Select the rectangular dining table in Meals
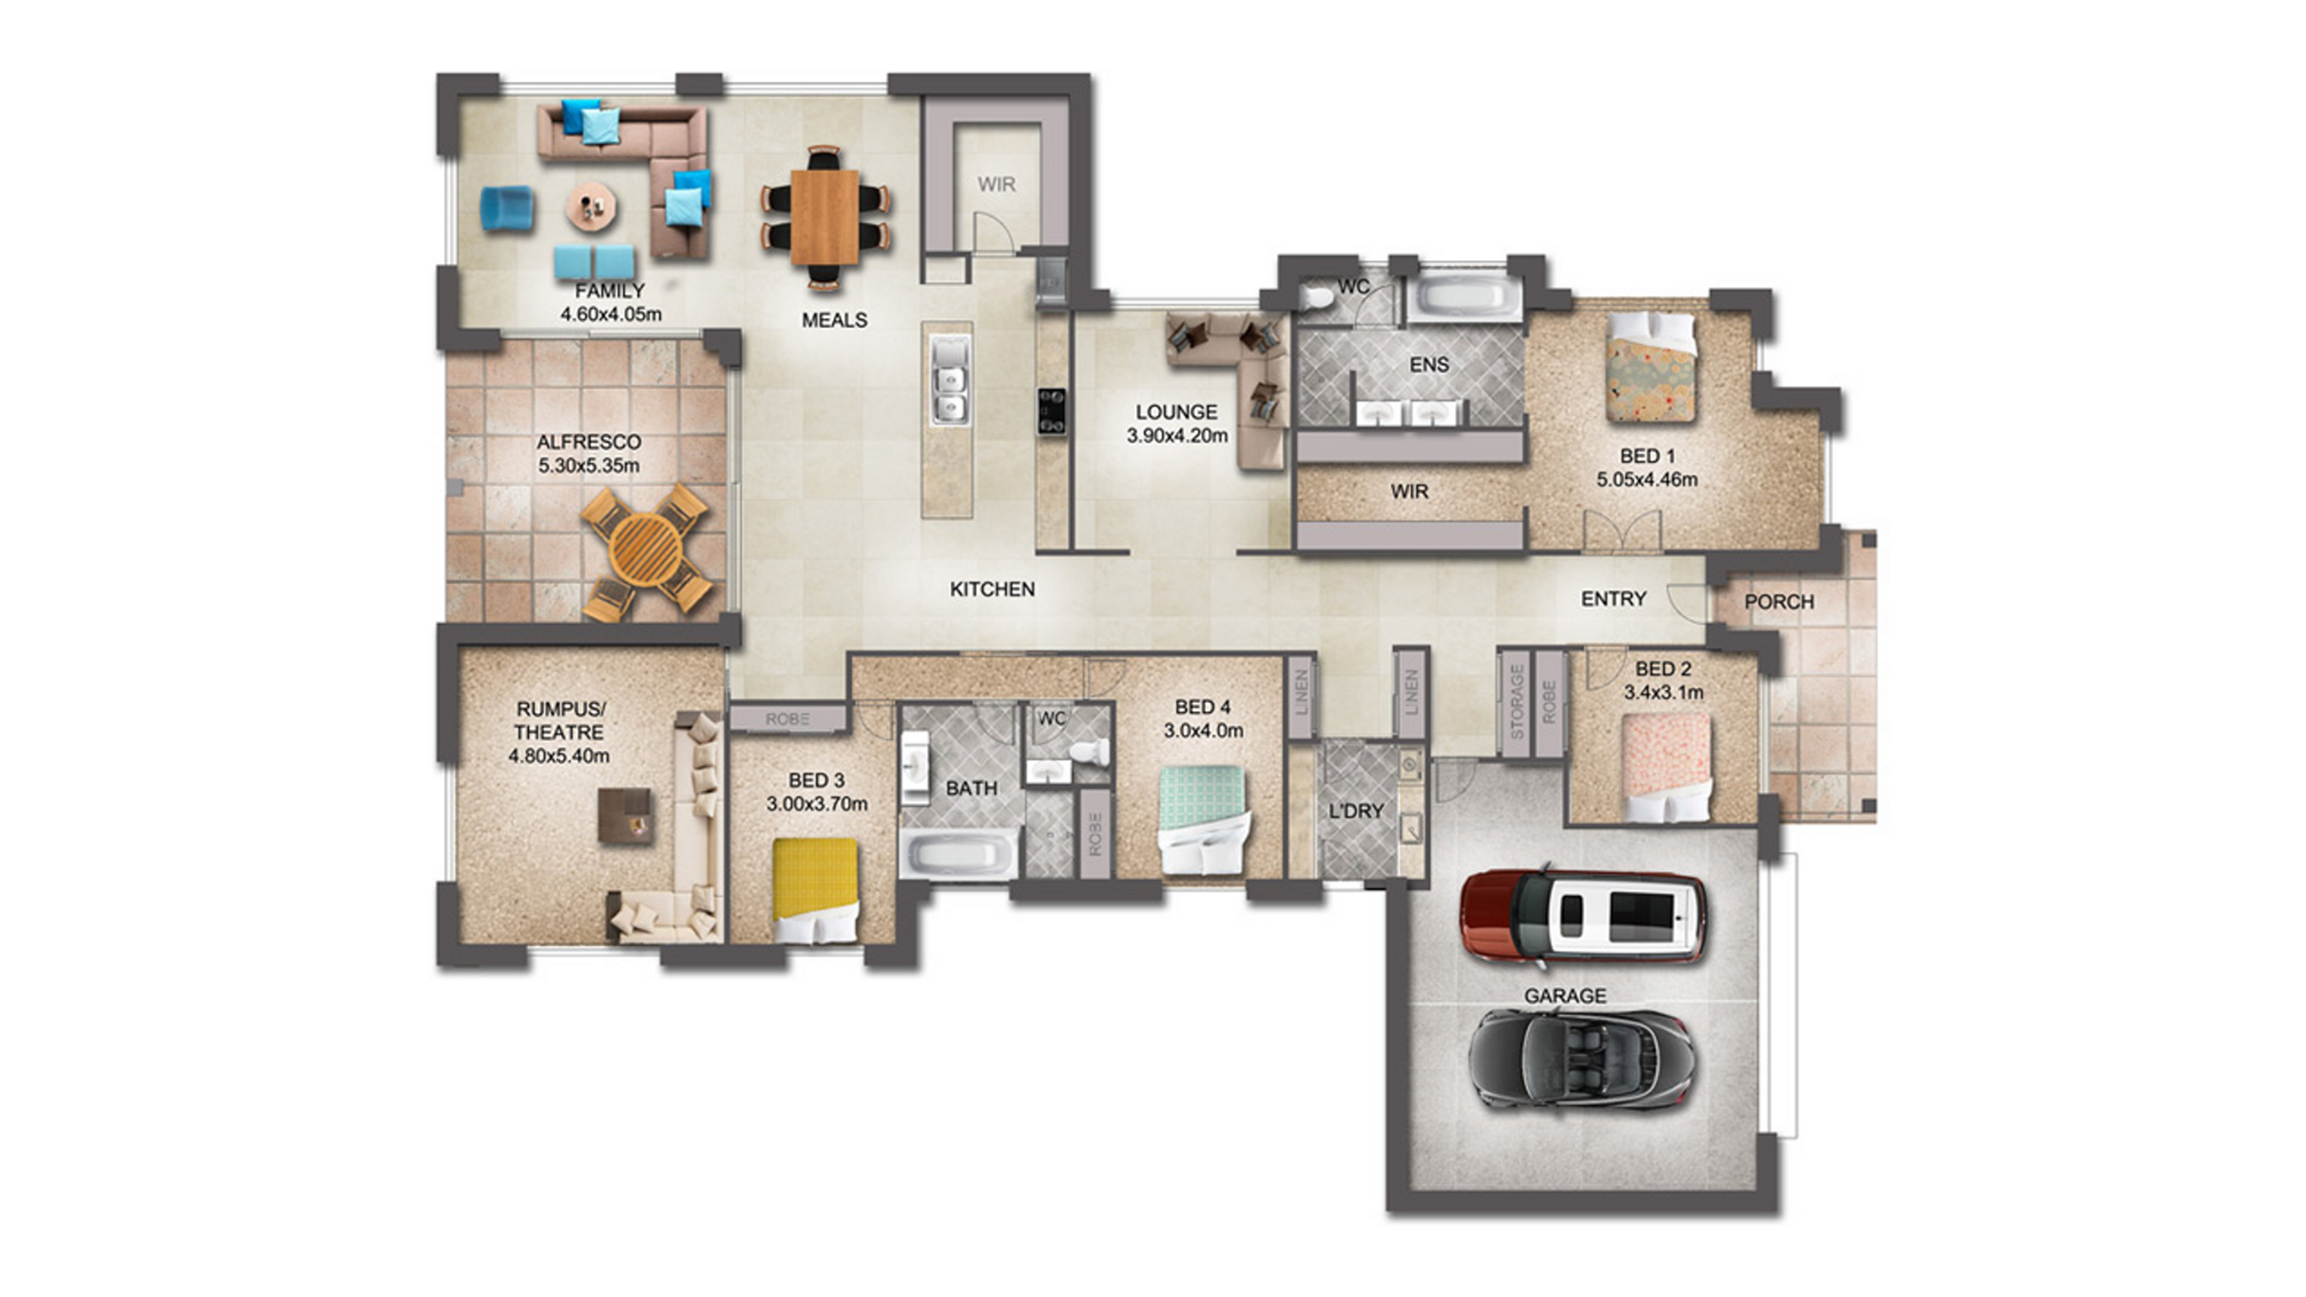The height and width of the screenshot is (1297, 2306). point(825,218)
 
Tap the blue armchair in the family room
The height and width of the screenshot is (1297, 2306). point(508,208)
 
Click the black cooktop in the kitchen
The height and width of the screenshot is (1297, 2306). point(1051,412)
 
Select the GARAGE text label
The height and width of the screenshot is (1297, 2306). point(1565,995)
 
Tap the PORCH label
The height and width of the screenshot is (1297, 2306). point(1779,602)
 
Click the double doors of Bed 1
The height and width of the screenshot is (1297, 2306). point(1622,531)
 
